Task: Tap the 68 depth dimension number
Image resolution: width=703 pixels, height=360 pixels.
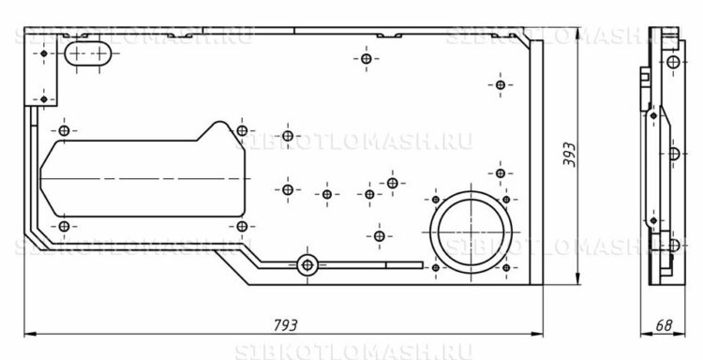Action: [x=664, y=325]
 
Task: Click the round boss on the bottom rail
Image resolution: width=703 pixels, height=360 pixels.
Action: [x=306, y=264]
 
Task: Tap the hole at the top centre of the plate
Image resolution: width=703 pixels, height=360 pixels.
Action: [x=366, y=60]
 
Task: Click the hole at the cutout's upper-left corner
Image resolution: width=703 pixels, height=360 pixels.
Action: [x=65, y=130]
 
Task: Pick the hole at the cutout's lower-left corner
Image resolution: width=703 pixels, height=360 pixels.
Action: [x=64, y=227]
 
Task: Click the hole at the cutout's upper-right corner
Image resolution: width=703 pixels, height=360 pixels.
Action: [x=242, y=130]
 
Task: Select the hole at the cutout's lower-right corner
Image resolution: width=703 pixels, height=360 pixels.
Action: [x=242, y=227]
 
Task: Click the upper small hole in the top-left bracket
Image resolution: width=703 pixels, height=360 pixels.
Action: [x=42, y=55]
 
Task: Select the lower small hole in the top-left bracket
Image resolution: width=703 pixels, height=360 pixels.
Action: [x=43, y=97]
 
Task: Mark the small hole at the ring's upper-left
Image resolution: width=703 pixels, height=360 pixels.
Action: [x=434, y=198]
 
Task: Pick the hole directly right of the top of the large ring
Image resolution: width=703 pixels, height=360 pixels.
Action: [x=506, y=199]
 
